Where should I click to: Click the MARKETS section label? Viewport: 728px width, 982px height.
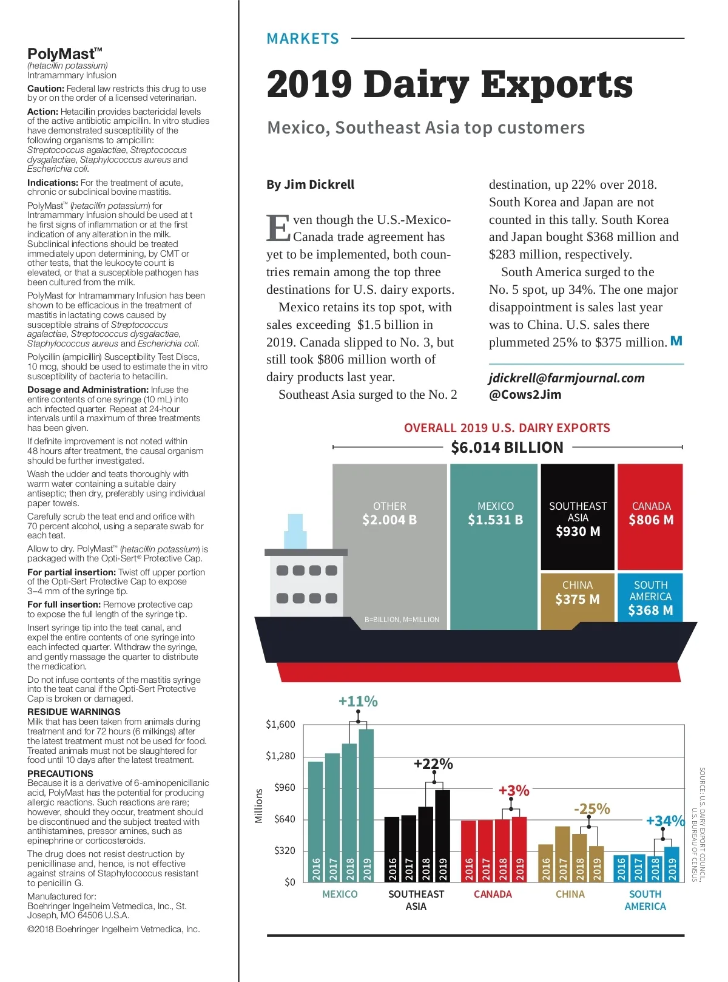point(303,39)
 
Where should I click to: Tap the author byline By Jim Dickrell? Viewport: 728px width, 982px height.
point(310,185)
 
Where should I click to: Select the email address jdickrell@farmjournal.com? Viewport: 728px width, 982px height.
point(567,378)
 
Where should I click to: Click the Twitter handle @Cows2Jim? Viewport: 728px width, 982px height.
point(525,394)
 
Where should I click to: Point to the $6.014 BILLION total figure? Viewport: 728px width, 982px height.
point(507,447)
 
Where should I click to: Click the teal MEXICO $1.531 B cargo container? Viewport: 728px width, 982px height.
point(494,546)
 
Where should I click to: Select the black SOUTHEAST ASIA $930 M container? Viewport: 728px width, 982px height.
point(578,517)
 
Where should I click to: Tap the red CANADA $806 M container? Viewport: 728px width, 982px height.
point(650,517)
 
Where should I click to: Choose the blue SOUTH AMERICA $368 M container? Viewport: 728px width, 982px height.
point(650,597)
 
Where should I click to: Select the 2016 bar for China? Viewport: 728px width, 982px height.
point(546,862)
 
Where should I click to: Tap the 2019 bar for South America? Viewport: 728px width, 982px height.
point(672,864)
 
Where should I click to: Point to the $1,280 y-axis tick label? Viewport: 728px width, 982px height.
point(280,756)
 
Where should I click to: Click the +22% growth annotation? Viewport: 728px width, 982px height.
point(433,764)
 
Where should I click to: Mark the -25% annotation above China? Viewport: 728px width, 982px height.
point(591,808)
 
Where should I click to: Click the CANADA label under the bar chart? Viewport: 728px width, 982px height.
point(493,894)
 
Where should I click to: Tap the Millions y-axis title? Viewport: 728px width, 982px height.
point(259,805)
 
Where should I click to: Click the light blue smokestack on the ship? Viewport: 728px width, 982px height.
point(295,531)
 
